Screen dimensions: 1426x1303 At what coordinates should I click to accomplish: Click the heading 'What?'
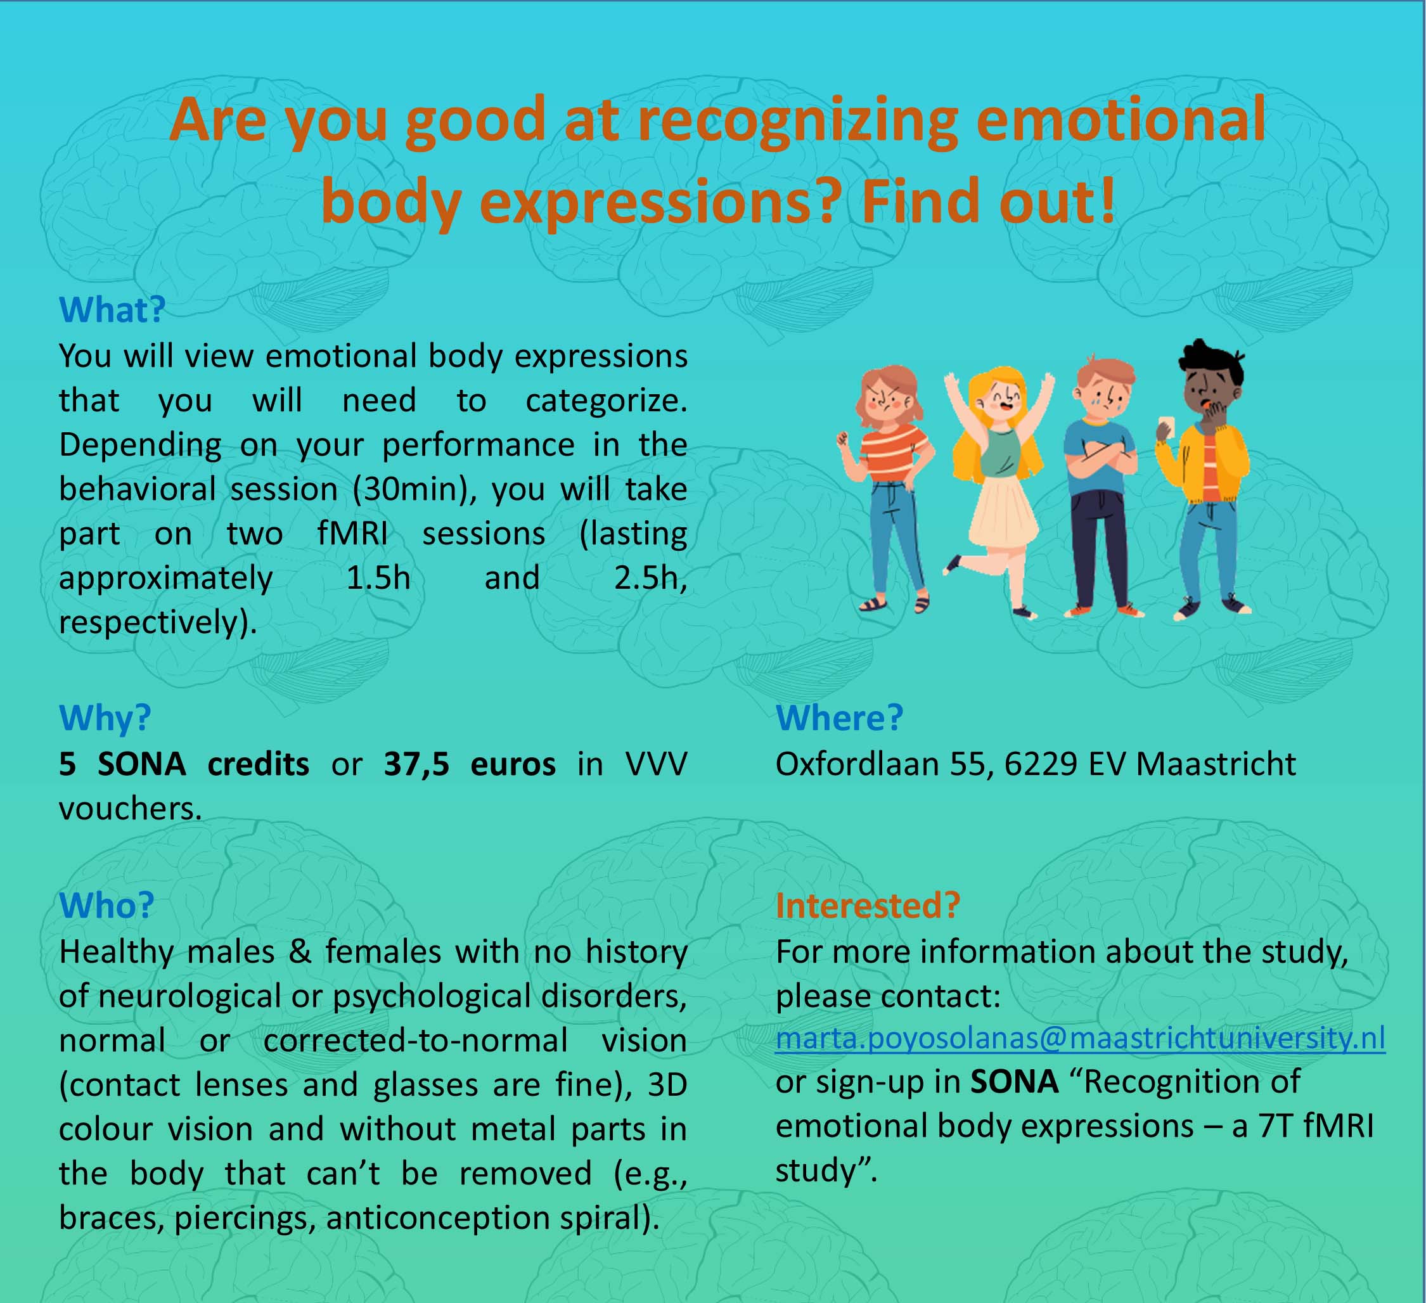[112, 310]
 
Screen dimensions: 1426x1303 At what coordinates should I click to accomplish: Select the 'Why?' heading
[105, 718]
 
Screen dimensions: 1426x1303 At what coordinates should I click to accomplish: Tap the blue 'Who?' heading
[106, 906]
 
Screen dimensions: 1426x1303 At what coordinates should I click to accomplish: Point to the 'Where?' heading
[840, 718]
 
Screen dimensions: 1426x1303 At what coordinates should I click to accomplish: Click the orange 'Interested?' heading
[868, 906]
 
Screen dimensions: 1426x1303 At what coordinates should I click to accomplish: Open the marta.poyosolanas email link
[1080, 1037]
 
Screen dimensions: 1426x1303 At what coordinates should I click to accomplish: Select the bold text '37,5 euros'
[470, 764]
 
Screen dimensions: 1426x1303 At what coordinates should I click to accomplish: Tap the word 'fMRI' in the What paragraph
[352, 534]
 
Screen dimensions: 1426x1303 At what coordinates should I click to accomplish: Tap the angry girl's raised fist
[843, 438]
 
